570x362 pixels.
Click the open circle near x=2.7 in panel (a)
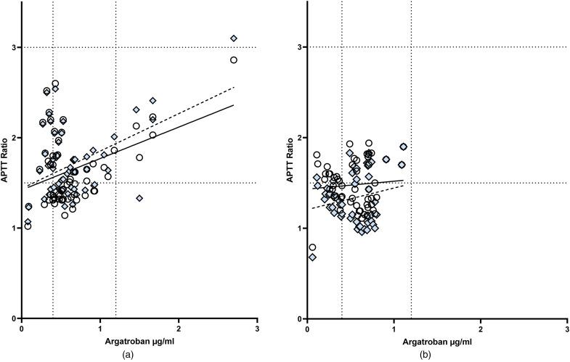coord(234,60)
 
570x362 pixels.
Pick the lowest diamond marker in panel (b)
coord(312,257)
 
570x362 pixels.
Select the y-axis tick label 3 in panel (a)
coord(14,47)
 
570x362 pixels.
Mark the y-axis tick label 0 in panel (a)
coord(14,319)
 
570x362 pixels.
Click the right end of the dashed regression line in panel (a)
coord(234,87)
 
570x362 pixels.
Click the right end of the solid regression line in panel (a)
coord(234,105)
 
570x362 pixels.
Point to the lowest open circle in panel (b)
coord(312,247)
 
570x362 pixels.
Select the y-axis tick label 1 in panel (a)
coord(14,229)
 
